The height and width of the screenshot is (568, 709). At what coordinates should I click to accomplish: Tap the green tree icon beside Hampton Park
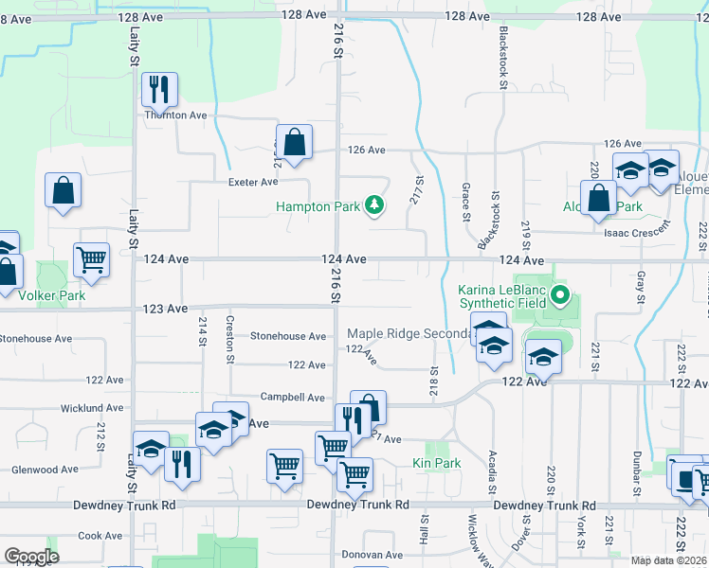tap(375, 204)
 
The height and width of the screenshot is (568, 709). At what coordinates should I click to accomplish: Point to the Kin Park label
tap(436, 463)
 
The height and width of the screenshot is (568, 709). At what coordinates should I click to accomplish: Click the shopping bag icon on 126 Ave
tap(294, 142)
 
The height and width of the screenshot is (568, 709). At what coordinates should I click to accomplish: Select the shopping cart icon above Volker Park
tap(92, 259)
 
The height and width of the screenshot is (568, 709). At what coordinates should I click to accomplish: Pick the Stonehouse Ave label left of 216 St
tap(288, 336)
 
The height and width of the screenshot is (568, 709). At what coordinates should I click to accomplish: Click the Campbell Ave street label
tap(294, 398)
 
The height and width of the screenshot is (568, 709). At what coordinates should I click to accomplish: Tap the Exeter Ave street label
tap(252, 181)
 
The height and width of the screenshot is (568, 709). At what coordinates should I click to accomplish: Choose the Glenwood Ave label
tap(45, 469)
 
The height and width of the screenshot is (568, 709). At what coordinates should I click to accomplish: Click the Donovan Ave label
tap(347, 555)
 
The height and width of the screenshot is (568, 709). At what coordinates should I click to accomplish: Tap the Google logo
tap(31, 557)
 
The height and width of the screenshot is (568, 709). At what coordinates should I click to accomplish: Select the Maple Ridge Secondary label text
tap(409, 333)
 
